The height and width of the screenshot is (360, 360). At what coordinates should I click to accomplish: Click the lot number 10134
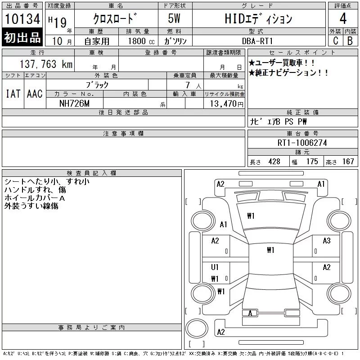click(22, 19)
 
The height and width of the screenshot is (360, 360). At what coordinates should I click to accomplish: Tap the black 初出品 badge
click(22, 37)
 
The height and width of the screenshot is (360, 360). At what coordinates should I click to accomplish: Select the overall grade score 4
click(343, 18)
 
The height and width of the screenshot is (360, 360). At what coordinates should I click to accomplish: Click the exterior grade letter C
click(336, 40)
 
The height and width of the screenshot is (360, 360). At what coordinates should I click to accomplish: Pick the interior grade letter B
click(350, 41)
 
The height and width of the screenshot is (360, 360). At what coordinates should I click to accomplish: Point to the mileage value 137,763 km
click(46, 64)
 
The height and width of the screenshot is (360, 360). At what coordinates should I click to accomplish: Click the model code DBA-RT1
click(257, 41)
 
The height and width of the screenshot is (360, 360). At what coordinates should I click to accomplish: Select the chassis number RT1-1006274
click(302, 143)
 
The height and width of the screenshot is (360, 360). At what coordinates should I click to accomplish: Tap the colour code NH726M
click(74, 103)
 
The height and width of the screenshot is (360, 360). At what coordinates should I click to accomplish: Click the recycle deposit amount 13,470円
click(227, 103)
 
